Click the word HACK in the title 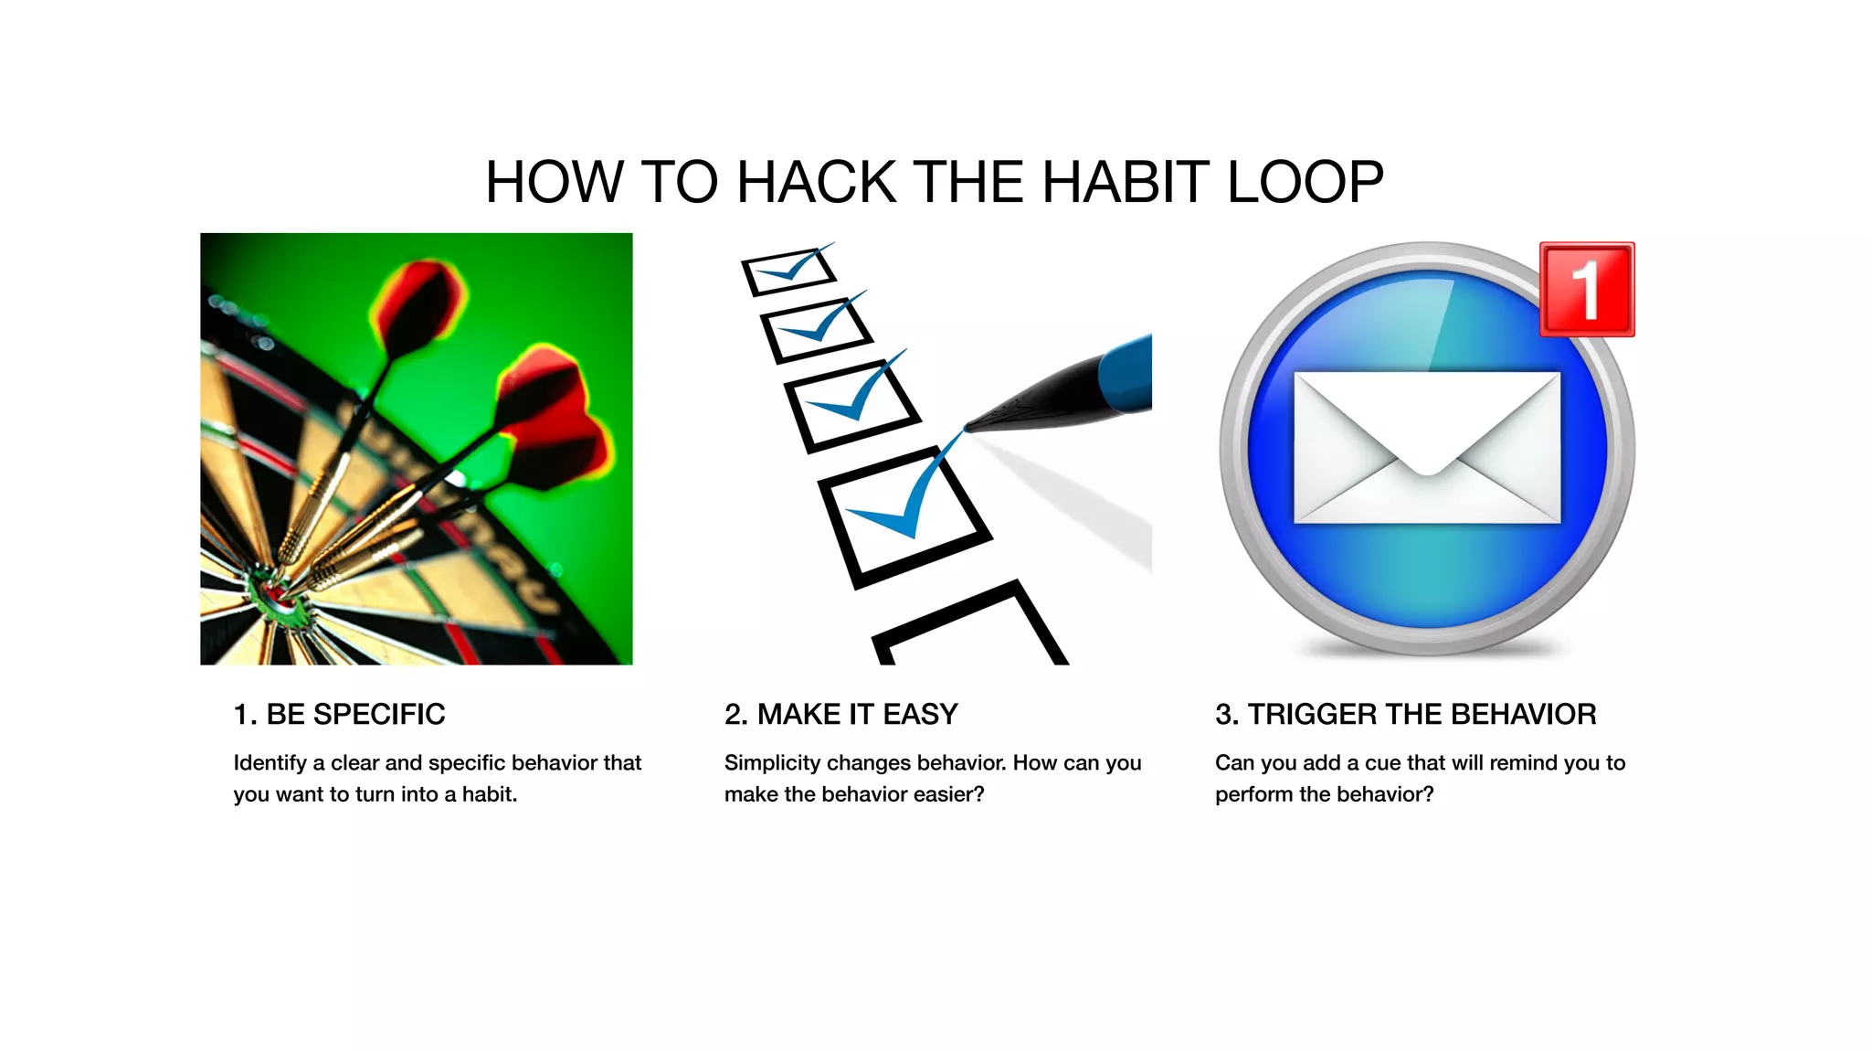816,182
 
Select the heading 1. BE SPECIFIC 339,714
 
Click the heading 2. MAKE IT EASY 840,714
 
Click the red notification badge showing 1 1587,290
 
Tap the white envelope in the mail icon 1427,447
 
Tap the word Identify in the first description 270,762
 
